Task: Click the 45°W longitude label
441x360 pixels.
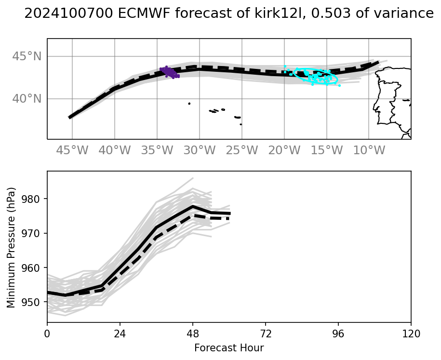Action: pos(72,150)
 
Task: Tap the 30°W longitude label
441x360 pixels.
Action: pos(200,150)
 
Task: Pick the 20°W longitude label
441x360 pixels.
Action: pos(284,150)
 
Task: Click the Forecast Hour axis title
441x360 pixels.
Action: pos(229,347)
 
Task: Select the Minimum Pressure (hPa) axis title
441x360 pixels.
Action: pos(11,247)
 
